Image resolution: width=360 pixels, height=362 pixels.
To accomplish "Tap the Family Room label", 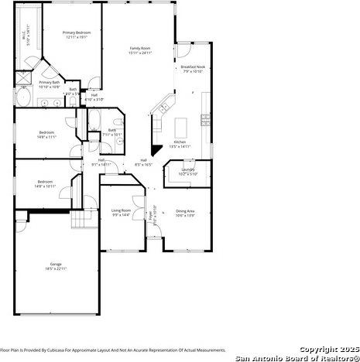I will tap(140, 48).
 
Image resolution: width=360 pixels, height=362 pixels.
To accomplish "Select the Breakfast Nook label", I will tap(193, 67).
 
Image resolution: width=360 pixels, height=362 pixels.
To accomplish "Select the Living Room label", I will tap(122, 210).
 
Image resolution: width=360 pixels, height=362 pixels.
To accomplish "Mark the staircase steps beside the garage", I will tap(81, 221).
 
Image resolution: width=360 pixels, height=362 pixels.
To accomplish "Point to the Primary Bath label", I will tap(48, 82).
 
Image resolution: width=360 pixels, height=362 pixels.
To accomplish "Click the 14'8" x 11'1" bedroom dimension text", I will tap(46, 137).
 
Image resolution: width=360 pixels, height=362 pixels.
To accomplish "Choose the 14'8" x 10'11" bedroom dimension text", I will tap(46, 186).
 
